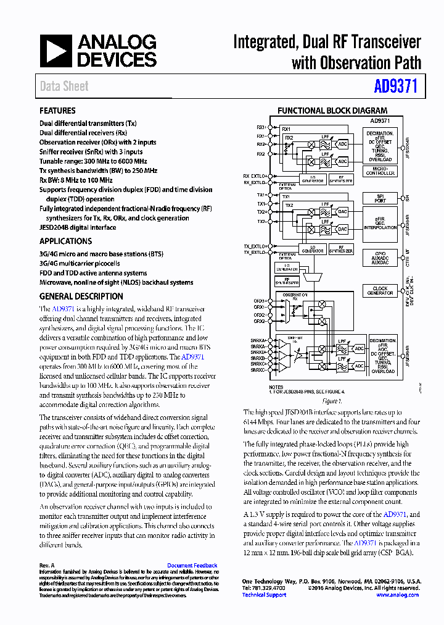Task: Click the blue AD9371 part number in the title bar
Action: [396, 86]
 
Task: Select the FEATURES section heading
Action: [57, 111]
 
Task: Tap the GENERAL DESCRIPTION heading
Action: [81, 296]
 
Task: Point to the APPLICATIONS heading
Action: [65, 241]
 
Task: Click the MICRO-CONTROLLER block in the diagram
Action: [380, 172]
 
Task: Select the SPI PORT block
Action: [380, 198]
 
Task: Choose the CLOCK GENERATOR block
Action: [380, 291]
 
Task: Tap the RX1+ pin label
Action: [261, 127]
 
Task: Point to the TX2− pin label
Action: [261, 221]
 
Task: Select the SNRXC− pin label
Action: [258, 370]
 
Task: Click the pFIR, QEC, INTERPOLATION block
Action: [380, 223]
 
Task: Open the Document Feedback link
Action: [192, 566]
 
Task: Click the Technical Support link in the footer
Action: [264, 595]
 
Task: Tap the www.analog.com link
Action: [397, 595]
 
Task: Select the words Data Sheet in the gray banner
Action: [64, 86]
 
